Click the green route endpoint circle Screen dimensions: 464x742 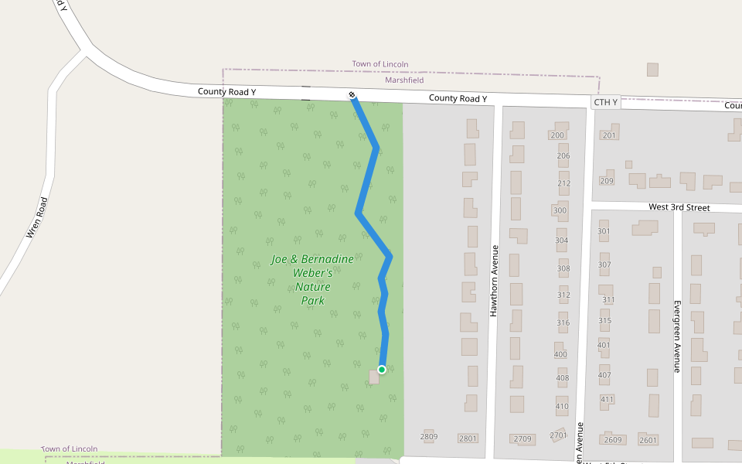coord(382,370)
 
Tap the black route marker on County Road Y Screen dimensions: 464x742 coord(352,95)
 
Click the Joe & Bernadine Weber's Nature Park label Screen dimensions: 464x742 coord(312,280)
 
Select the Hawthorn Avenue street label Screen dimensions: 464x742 coord(495,281)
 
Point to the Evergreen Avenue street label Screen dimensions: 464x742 coord(676,336)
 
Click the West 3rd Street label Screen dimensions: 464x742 coord(679,207)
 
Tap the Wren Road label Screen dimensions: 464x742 coord(37,217)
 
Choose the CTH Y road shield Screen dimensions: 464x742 coord(605,102)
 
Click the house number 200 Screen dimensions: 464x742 coord(557,135)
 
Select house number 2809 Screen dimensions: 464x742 coord(429,437)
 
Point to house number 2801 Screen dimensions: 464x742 coord(468,438)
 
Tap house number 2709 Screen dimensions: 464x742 coord(522,439)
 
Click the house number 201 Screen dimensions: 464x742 coord(609,135)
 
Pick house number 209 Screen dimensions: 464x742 coord(606,181)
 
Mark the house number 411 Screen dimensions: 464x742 coord(607,400)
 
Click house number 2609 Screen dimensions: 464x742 coord(613,440)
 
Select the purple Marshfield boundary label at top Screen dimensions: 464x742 coord(404,80)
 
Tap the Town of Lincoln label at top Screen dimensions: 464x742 coord(380,64)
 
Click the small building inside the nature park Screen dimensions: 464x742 coord(375,377)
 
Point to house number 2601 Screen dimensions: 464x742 coord(648,440)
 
